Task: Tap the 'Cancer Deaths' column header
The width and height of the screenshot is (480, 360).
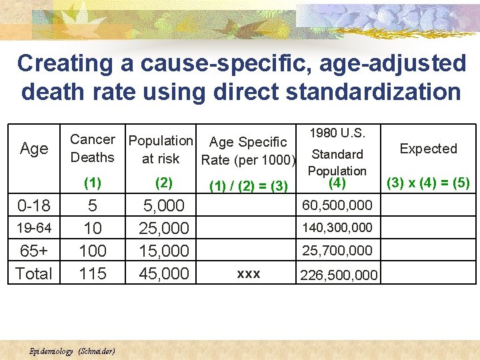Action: (93, 149)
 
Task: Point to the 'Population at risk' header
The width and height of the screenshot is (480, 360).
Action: (161, 149)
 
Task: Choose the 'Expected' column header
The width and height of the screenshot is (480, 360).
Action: (428, 149)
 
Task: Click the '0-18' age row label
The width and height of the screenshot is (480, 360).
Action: (33, 205)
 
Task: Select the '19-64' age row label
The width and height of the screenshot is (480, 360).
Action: (33, 228)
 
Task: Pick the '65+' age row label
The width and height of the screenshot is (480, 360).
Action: (33, 251)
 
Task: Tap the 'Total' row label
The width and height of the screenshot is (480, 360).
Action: (33, 273)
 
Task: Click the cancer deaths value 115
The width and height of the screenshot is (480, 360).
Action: (93, 273)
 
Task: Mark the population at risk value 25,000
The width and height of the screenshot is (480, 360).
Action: (165, 228)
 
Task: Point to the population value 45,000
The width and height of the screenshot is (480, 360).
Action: (165, 273)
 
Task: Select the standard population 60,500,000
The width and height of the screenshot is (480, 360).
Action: (337, 205)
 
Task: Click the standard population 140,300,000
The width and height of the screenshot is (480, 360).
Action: (337, 227)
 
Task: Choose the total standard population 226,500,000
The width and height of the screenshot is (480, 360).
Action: (339, 275)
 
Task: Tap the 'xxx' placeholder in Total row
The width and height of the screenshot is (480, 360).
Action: (249, 274)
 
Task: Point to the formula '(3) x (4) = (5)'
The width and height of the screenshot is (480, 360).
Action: (428, 182)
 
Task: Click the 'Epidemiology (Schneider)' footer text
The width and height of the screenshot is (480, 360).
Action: (73, 351)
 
